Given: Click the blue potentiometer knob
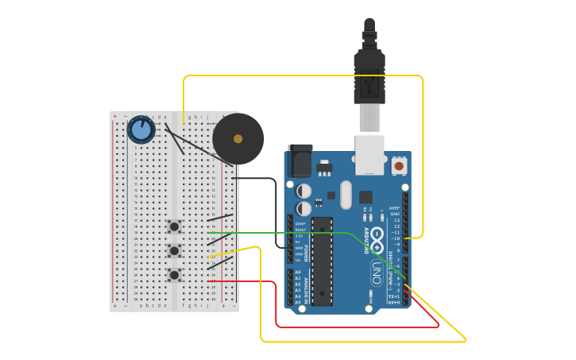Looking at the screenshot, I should (x=141, y=130).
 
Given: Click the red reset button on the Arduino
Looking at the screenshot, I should (x=399, y=166).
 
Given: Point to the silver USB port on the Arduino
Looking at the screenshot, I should (x=369, y=155).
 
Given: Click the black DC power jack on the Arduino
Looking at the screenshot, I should (x=300, y=162).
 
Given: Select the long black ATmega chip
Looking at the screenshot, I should (x=322, y=261).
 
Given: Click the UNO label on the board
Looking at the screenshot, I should (x=376, y=273).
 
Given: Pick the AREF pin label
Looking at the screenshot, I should (x=394, y=208).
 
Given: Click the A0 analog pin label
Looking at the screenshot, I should (x=298, y=272).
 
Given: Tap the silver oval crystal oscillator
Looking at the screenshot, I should (x=346, y=195).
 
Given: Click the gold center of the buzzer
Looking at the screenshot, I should (x=238, y=139).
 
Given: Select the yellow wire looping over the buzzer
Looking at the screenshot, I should (x=302, y=76).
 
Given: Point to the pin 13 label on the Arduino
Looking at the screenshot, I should (x=396, y=220).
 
